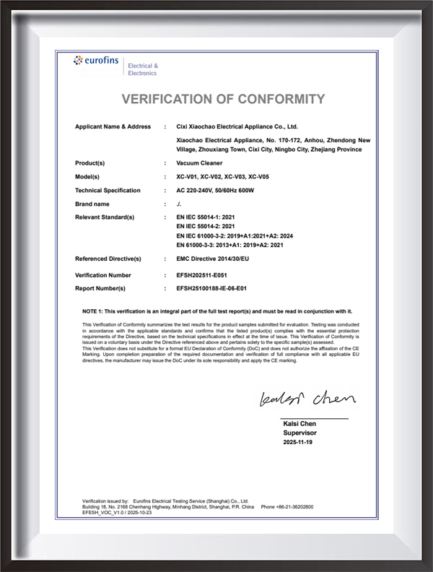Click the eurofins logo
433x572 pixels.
click(98, 62)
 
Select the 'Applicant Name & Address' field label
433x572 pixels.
click(113, 126)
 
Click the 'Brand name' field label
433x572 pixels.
click(94, 204)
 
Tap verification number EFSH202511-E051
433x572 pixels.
click(206, 275)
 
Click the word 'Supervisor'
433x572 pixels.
click(299, 433)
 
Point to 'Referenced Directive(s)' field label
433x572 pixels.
click(108, 259)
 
